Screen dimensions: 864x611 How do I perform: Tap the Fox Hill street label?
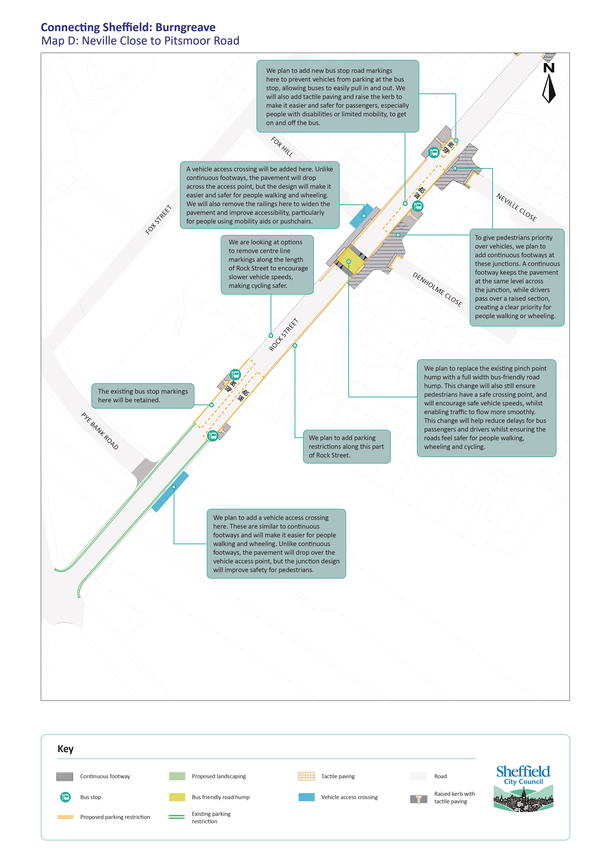point(282,147)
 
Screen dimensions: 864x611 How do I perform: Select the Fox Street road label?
point(159,220)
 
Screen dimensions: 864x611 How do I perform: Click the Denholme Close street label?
point(437,289)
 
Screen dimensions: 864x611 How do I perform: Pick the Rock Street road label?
point(284,335)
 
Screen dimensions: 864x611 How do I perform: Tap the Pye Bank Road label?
point(100,431)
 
